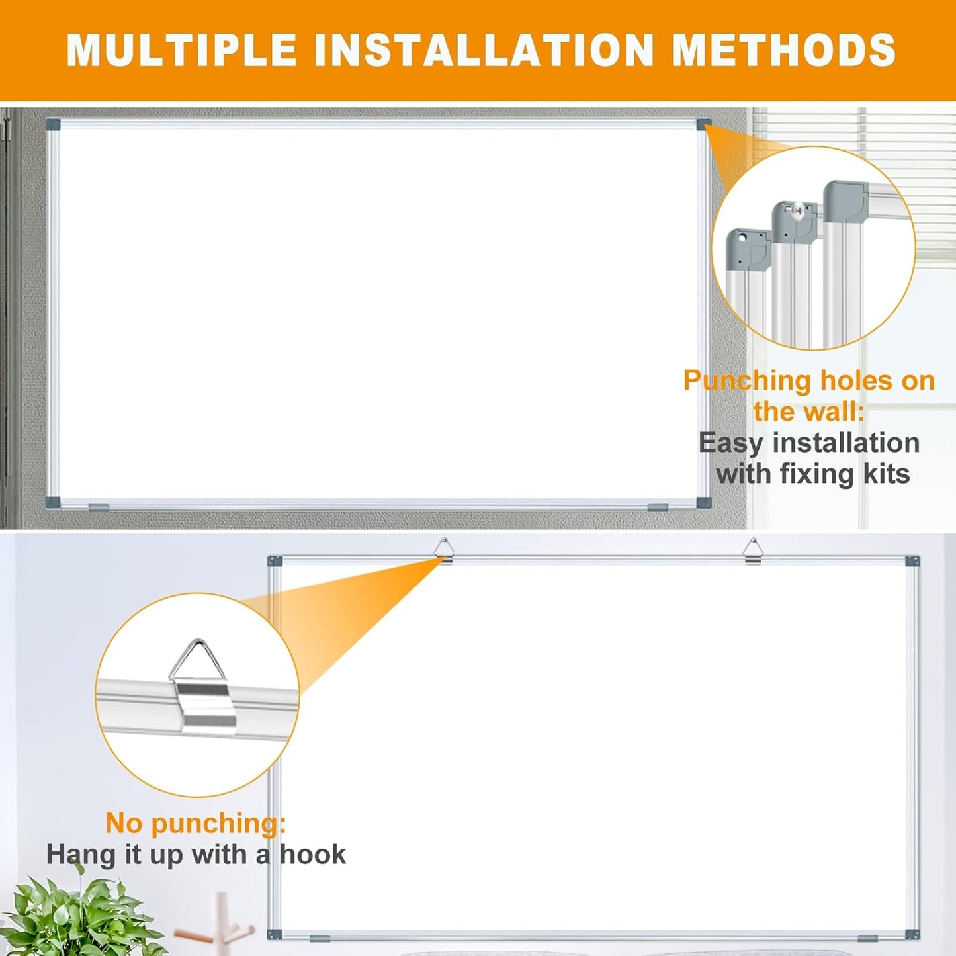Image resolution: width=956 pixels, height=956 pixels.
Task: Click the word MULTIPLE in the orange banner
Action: [182, 50]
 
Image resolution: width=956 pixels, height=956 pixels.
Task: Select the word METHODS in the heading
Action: [783, 50]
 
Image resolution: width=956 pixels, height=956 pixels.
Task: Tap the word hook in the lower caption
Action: [313, 854]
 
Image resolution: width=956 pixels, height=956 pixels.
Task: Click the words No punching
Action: [195, 823]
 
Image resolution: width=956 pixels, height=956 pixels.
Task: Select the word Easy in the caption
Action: [730, 443]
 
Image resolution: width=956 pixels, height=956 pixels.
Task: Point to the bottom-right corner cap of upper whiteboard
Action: [703, 502]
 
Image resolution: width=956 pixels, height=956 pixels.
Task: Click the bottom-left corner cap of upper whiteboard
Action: [53, 502]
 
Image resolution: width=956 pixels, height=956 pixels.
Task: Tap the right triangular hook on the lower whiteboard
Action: [753, 550]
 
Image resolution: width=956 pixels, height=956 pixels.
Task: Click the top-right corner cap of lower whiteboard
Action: [913, 562]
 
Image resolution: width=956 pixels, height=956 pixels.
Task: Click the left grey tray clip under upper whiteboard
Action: [99, 507]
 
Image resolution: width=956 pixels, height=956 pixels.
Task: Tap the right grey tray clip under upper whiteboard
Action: [658, 507]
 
